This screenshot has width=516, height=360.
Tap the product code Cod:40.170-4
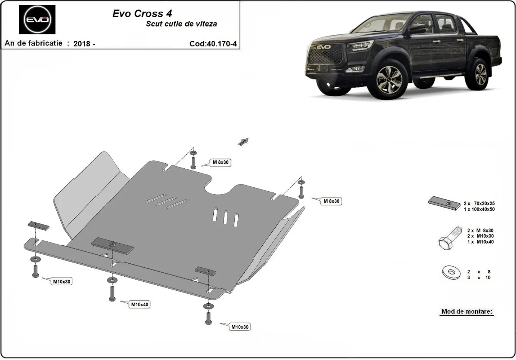[212, 43]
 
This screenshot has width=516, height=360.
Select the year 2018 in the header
[82, 44]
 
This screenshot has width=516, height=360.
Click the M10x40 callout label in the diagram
[140, 305]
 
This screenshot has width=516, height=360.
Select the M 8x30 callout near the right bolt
[331, 201]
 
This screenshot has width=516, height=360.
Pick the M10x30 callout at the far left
[62, 282]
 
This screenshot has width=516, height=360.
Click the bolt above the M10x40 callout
[112, 292]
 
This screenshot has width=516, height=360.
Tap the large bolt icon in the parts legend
[447, 238]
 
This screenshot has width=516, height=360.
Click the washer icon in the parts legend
[450, 272]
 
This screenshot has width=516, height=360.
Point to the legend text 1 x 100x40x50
[479, 209]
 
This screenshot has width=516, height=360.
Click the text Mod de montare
[467, 311]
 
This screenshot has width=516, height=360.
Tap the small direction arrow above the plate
[244, 141]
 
